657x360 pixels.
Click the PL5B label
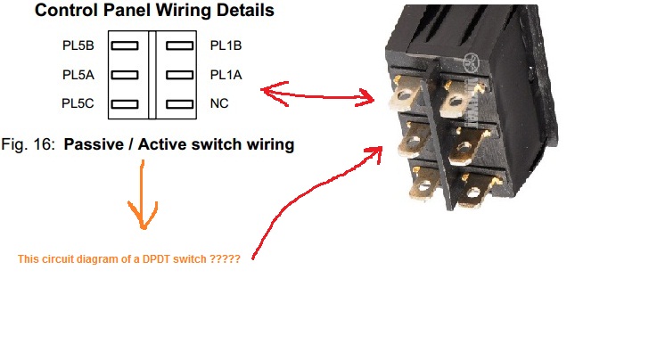tap(78, 45)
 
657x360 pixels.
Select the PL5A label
tap(78, 75)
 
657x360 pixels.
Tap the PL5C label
tap(78, 103)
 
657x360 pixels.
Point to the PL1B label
tap(226, 45)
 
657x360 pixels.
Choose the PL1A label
tap(226, 75)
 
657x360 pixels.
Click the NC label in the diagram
tap(219, 103)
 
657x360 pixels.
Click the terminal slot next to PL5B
tap(125, 45)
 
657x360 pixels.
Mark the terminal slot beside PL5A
tap(125, 75)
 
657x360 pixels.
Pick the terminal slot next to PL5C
tap(125, 104)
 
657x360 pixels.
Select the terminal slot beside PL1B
tap(180, 45)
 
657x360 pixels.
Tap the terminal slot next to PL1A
tap(180, 75)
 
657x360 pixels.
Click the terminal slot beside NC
tap(180, 104)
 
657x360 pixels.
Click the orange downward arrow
tap(143, 194)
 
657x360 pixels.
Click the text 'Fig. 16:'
tap(28, 145)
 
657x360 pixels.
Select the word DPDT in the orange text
tap(156, 259)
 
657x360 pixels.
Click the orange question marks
tap(225, 259)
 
